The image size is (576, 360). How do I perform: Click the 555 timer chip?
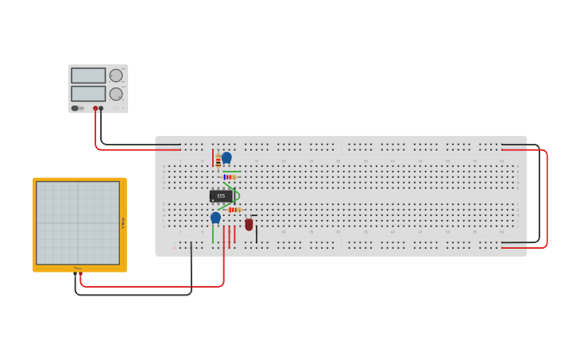click(221, 195)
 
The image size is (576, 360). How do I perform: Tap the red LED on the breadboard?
click(249, 225)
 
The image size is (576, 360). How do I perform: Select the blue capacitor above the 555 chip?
click(226, 157)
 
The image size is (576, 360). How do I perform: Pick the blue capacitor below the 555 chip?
click(215, 217)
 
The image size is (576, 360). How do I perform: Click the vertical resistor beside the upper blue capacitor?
click(218, 162)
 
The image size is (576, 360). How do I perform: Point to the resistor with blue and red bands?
click(230, 176)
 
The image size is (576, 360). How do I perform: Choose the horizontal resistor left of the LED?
click(234, 210)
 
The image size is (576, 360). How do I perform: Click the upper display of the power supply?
click(88, 75)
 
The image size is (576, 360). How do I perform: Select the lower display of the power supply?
click(88, 93)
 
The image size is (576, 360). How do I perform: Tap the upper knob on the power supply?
click(116, 75)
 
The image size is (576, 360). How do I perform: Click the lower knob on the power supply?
click(116, 94)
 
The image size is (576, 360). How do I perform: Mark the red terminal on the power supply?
click(95, 108)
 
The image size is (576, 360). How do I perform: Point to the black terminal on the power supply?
click(101, 108)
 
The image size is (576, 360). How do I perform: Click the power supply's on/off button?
click(75, 108)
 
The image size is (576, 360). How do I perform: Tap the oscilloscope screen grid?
click(78, 223)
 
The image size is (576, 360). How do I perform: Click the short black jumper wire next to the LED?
click(256, 234)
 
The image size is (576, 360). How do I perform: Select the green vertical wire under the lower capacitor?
click(213, 234)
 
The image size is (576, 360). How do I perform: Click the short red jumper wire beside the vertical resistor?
click(213, 157)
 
